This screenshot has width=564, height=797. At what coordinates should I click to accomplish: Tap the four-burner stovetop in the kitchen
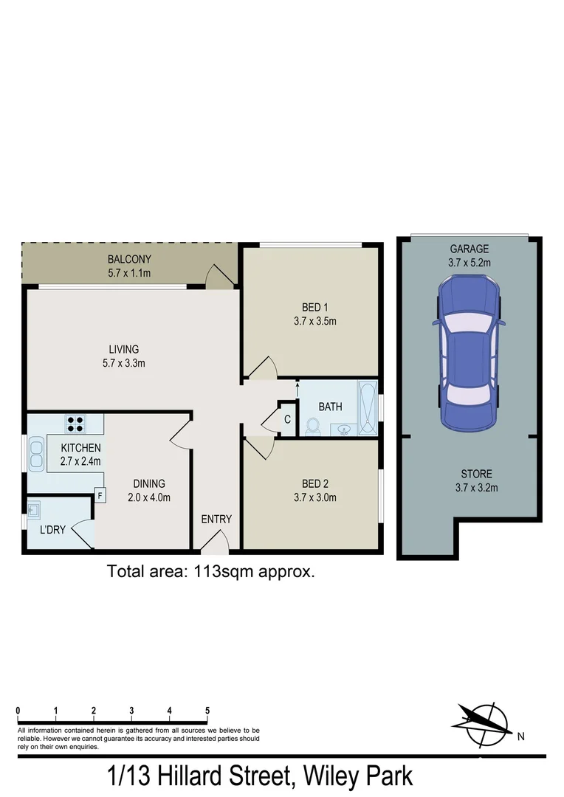point(75,424)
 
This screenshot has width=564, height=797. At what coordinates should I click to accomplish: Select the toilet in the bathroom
point(312,427)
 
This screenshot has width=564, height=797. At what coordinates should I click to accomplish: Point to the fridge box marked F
point(100,496)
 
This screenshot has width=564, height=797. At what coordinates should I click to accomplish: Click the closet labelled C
point(287,419)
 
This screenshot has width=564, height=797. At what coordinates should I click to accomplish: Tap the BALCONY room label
point(129,259)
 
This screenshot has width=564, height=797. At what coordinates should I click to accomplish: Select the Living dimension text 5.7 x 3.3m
point(124,362)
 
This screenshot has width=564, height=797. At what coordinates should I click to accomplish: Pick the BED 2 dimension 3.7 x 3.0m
point(314,497)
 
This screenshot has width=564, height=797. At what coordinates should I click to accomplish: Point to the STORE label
point(476,474)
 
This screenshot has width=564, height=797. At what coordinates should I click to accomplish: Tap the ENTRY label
point(216,519)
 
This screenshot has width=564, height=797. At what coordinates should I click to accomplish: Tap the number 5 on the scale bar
point(207,711)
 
